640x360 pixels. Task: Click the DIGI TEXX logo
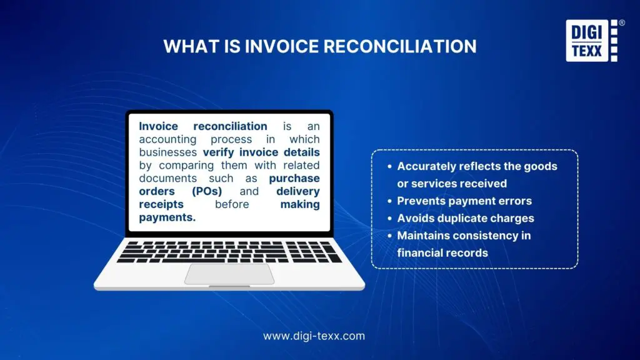(x=590, y=41)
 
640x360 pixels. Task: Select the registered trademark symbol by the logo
(x=621, y=23)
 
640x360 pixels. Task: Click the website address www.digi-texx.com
(x=314, y=336)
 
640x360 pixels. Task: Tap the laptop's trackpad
(x=229, y=274)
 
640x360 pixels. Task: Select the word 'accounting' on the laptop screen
(x=167, y=139)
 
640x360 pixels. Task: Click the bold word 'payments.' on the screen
(x=167, y=217)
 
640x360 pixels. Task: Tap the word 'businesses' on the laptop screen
(x=168, y=152)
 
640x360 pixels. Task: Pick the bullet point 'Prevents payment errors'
(x=464, y=201)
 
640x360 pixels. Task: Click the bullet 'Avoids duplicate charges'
(x=466, y=219)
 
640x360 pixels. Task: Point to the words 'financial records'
(x=442, y=253)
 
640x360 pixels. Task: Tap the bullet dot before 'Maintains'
(x=389, y=236)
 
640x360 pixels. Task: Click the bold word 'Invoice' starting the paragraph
(x=159, y=126)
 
